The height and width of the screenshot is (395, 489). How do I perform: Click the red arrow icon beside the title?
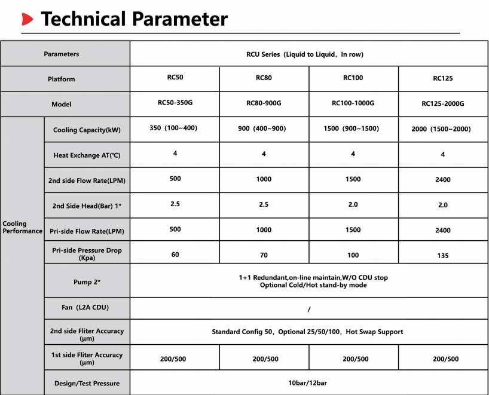pos(27,20)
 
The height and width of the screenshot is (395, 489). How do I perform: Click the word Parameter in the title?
pos(179,19)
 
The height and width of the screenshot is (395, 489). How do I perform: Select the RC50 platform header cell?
pos(175,78)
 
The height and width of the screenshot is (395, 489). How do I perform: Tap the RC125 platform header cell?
pos(442,78)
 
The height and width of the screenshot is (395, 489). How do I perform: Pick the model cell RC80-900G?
pos(264,103)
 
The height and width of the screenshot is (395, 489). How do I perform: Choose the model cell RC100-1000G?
pos(353,103)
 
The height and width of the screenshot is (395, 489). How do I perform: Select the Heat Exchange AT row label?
pos(87,155)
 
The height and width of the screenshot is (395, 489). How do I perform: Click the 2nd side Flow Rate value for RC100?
pos(353,179)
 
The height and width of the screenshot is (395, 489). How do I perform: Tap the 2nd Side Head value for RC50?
pos(175,204)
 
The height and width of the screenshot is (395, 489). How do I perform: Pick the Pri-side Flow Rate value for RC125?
pos(443,230)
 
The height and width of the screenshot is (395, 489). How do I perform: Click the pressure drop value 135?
pos(443,256)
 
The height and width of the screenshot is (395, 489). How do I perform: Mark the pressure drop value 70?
pos(264,255)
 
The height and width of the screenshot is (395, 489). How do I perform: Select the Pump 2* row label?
pos(87,281)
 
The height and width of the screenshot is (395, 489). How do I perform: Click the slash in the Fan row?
pos(308,309)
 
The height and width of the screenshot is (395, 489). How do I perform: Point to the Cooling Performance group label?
pos(22,228)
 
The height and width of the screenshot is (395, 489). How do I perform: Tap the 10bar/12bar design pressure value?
pos(308,383)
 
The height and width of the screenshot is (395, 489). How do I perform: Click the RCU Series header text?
pos(305,54)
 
